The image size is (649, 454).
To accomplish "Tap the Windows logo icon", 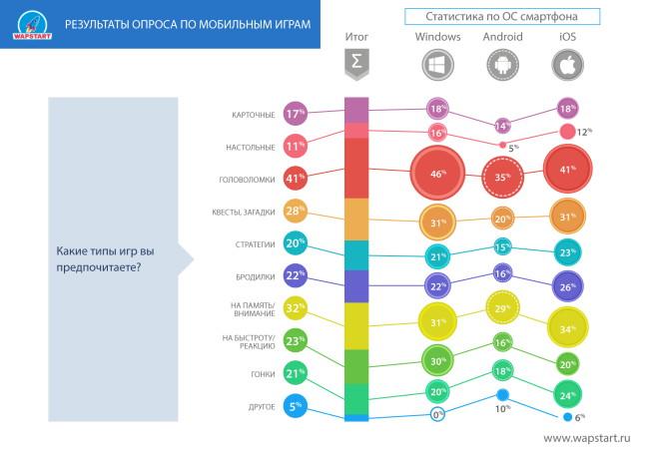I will coord(437,64).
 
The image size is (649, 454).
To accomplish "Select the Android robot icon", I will coord(502,64).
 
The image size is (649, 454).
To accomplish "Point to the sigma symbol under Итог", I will coord(355,64).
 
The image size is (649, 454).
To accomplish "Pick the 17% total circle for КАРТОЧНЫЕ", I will coord(295,114).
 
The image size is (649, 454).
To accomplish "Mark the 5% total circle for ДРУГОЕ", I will coord(295,407).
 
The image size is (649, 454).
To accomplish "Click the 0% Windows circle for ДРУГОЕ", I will coord(437,414).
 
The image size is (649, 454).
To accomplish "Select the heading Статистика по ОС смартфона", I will coord(502,17).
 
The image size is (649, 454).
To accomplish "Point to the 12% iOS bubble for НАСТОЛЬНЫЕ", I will coord(568,132).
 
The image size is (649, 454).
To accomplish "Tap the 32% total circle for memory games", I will coord(295,309).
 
